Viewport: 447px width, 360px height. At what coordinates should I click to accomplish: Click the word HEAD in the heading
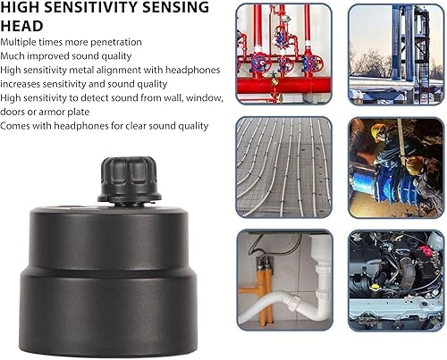[x=21, y=26]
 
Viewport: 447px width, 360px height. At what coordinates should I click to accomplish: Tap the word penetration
[x=115, y=42]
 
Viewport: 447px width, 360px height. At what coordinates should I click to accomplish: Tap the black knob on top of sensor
[x=129, y=180]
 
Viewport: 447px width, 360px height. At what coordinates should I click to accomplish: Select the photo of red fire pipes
[x=284, y=54]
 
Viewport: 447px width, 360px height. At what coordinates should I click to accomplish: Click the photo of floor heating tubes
[x=284, y=167]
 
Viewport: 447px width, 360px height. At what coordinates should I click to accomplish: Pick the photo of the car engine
[x=396, y=280]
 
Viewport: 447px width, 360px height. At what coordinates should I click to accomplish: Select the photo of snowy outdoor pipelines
[x=396, y=54]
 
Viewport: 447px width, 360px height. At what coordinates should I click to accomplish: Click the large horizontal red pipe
[x=283, y=85]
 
